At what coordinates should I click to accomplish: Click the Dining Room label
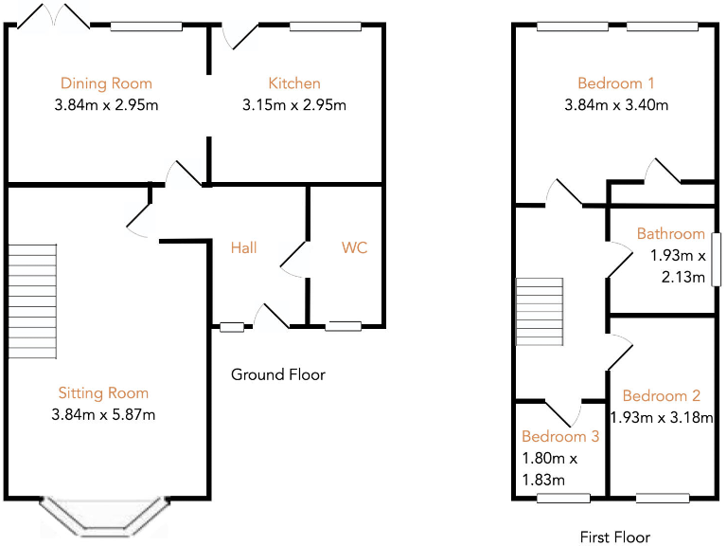pos(106,83)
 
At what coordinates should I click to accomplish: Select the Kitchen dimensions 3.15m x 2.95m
pos(294,104)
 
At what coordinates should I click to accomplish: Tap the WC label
pos(355,248)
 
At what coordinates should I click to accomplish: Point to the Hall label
pos(244,248)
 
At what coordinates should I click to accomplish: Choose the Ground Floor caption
pos(278,374)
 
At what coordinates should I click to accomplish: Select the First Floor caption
pos(615,537)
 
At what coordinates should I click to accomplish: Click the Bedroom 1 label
pos(616,83)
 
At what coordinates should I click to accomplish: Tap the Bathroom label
pos(670,233)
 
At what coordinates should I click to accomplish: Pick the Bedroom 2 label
pos(662,396)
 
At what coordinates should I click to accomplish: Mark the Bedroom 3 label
pos(560,437)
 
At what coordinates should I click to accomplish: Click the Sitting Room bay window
pos(104,516)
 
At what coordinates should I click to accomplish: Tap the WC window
pos(344,327)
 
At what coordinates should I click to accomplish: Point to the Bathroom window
pos(717,259)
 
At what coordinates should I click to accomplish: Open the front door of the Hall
pos(272,318)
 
